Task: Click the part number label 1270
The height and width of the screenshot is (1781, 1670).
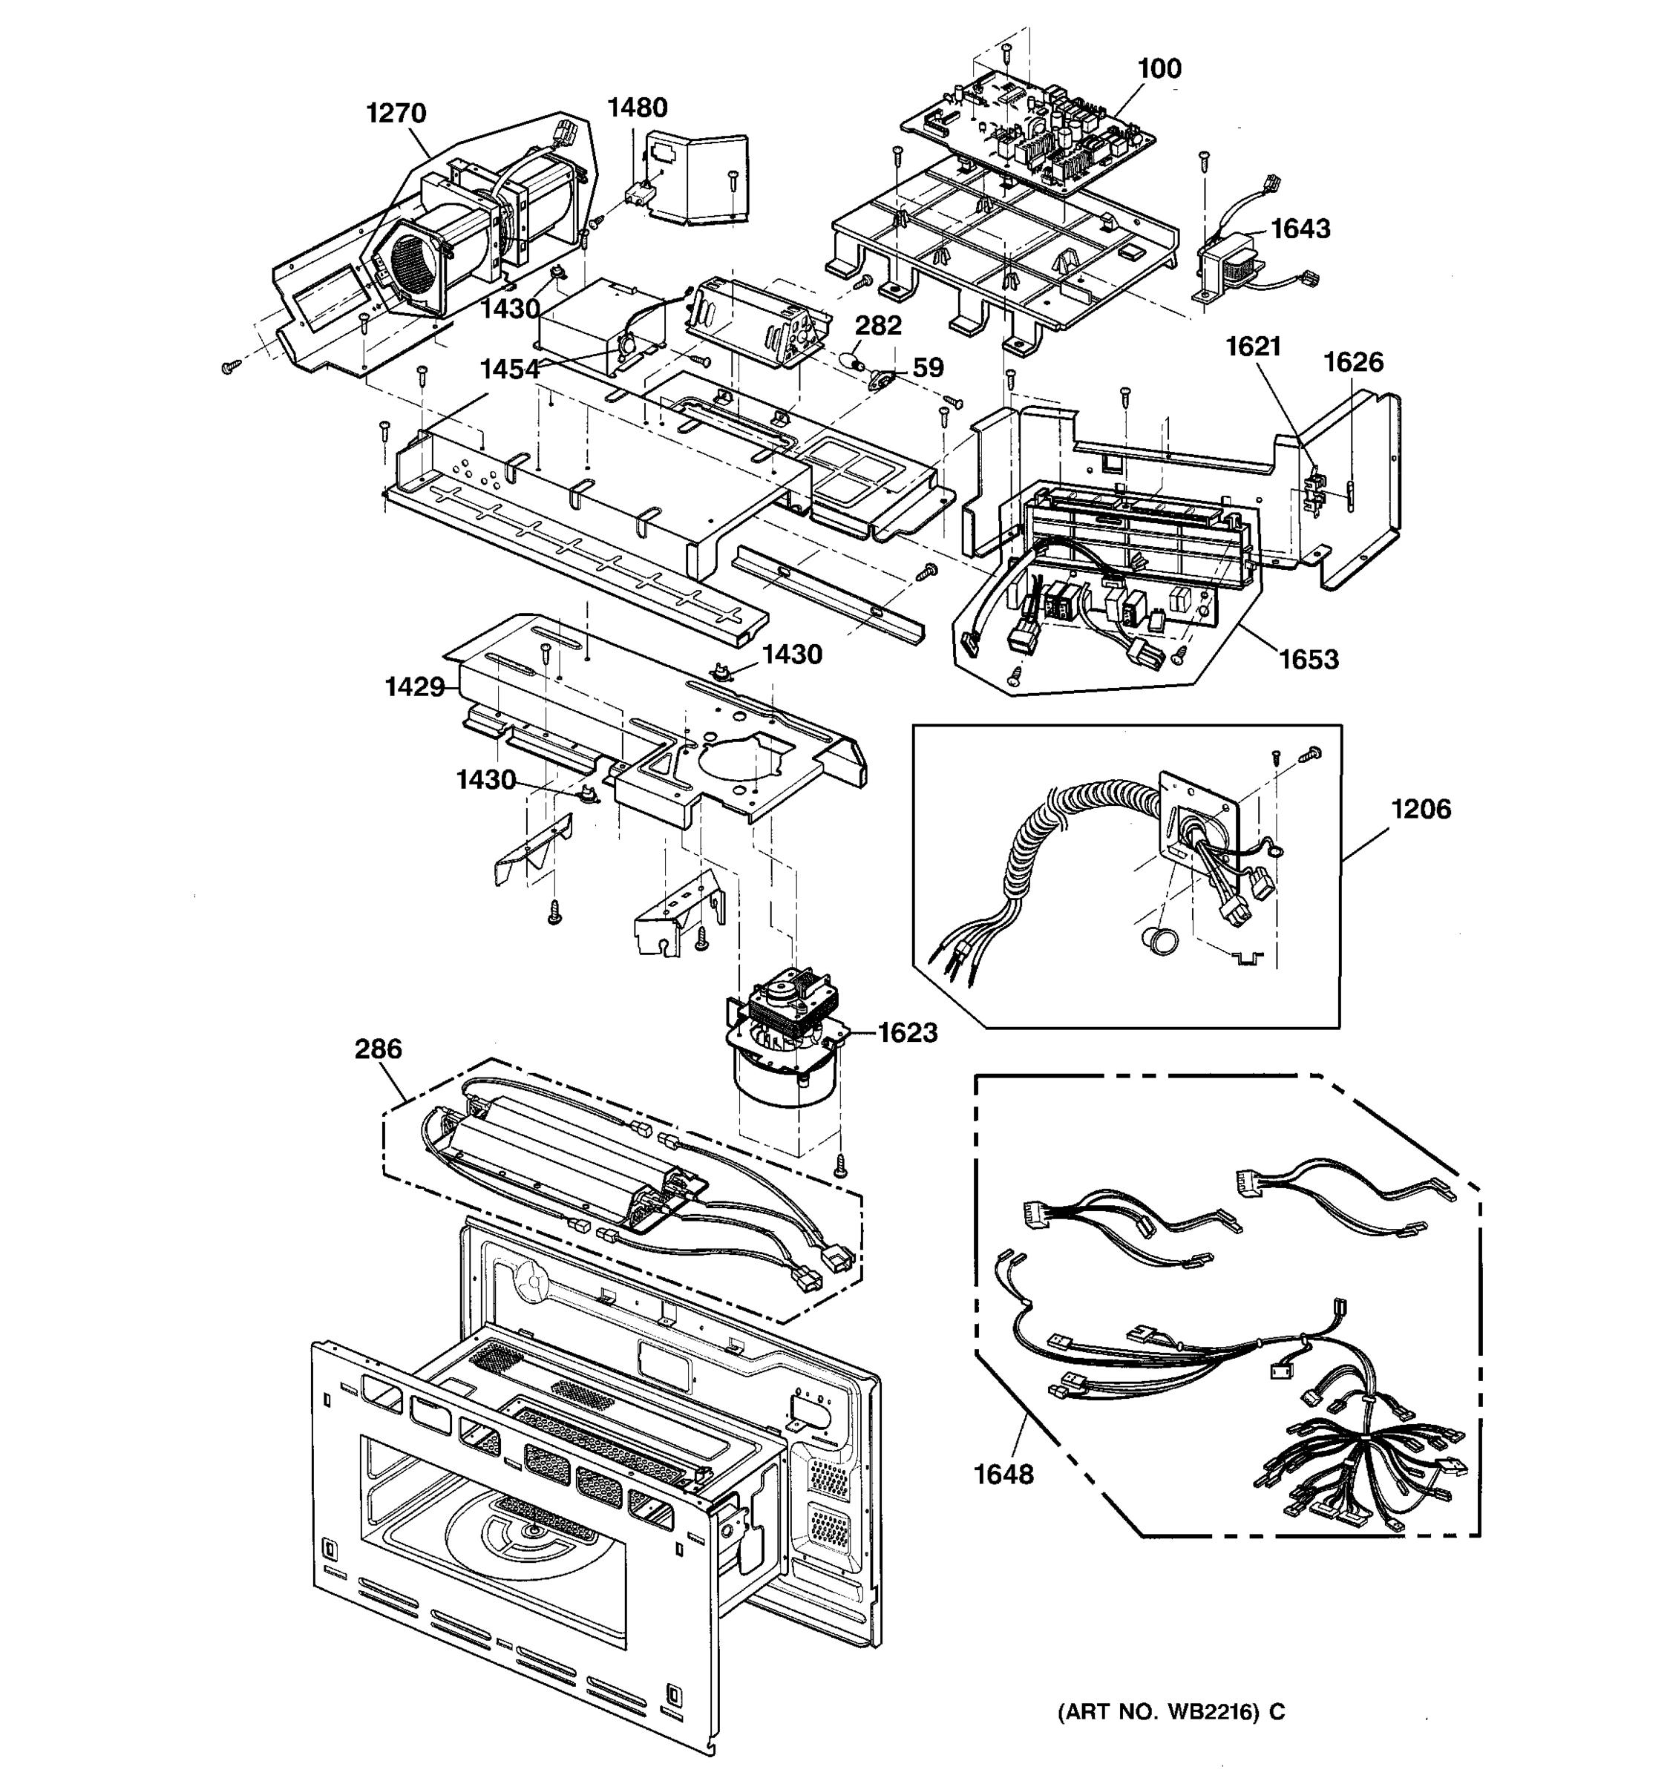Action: coord(396,114)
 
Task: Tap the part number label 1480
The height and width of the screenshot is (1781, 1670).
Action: coord(637,108)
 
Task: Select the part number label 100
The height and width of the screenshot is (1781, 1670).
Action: coord(1159,69)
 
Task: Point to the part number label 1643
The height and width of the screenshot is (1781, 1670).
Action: coord(1301,229)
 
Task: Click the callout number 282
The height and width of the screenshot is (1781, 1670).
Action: coord(878,325)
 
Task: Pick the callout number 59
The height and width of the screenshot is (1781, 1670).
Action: coord(929,368)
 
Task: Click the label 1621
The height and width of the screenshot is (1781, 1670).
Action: coord(1254,346)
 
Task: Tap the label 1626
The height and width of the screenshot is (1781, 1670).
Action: coord(1353,362)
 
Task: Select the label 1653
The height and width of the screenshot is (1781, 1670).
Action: coord(1308,660)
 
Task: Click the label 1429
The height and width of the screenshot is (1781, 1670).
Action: coord(415,687)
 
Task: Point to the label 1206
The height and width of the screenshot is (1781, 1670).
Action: coord(1420,809)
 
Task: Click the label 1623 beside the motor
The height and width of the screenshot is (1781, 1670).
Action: coord(908,1033)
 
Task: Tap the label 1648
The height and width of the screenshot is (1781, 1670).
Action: coord(1003,1474)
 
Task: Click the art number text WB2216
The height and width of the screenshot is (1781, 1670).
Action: coord(1210,1712)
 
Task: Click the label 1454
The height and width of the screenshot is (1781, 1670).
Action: coord(510,369)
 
